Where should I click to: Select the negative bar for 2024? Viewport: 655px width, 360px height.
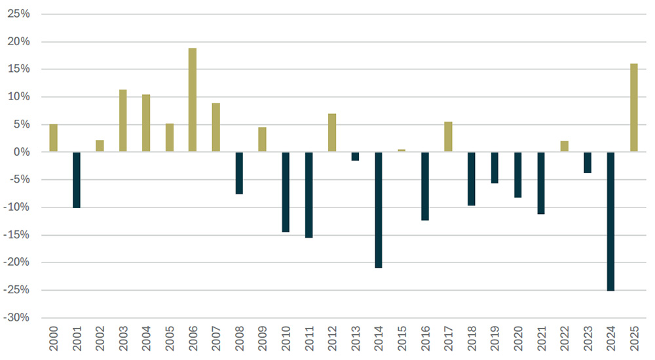[610, 221]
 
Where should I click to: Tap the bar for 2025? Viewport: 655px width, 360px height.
[634, 108]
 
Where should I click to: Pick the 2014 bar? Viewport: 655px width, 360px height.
[379, 210]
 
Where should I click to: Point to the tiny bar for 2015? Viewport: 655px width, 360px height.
[402, 151]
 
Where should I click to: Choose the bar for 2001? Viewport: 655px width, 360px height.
[77, 180]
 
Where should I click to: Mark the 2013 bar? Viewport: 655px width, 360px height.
[355, 156]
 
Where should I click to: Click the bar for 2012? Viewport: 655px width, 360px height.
[332, 133]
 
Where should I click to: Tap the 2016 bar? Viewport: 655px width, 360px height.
[425, 186]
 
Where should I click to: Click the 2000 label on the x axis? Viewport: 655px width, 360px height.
[54, 338]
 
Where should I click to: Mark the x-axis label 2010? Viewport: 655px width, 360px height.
[286, 338]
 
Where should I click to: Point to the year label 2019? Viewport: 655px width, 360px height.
[495, 338]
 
